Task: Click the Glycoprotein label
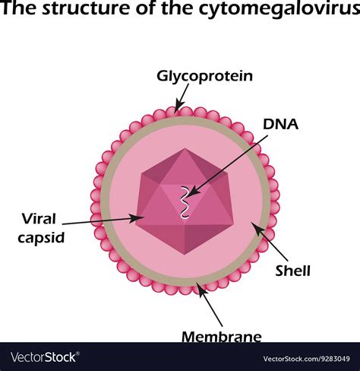[x=204, y=76]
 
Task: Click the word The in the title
[x=18, y=12]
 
